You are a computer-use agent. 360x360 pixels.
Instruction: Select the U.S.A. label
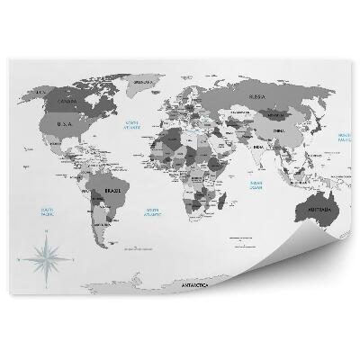(64, 124)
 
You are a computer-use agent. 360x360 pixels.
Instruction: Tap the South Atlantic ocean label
(154, 212)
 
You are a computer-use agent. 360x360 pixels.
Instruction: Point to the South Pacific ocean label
(39, 212)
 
